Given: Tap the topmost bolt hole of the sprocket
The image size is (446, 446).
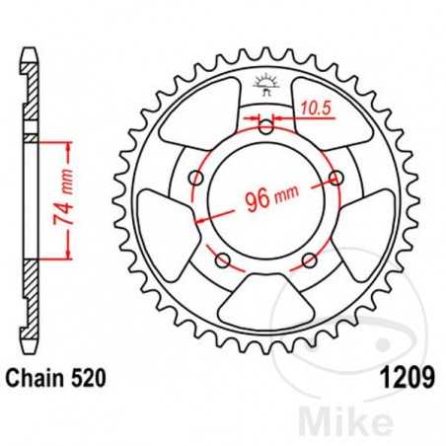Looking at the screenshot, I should click(266, 125).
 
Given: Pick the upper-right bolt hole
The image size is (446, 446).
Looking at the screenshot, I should click(336, 178).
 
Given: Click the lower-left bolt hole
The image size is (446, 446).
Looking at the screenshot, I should click(222, 260).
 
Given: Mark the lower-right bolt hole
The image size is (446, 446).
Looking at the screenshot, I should click(310, 260).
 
